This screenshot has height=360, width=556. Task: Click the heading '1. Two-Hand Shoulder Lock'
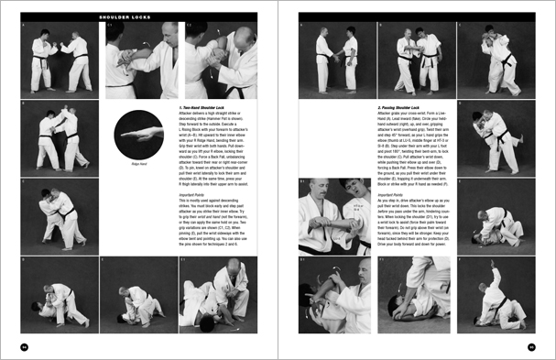point(206,107)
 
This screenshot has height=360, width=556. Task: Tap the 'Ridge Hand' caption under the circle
point(139,162)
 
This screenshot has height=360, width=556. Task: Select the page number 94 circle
point(25,346)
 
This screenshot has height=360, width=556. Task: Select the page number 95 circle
point(531,346)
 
